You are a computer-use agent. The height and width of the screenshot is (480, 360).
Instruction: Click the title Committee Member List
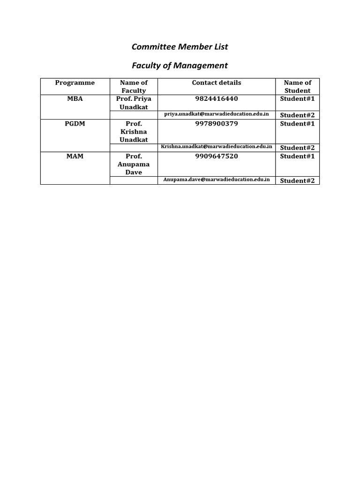[x=180, y=47]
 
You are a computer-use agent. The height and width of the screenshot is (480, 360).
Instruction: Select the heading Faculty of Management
[x=180, y=66]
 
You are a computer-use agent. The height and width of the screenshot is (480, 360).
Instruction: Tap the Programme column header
[x=75, y=83]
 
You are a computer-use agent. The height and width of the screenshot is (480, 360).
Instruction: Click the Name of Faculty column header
[x=134, y=87]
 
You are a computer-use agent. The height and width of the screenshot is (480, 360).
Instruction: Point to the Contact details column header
[x=217, y=83]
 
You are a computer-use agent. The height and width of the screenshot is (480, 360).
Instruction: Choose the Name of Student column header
[x=297, y=87]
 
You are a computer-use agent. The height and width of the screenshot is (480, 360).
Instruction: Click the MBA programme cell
[x=75, y=99]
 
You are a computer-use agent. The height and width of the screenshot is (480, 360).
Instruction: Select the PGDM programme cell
[x=75, y=124]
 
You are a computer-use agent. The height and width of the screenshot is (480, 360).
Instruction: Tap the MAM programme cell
[x=75, y=156]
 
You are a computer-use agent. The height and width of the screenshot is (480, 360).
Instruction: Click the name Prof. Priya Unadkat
[x=134, y=103]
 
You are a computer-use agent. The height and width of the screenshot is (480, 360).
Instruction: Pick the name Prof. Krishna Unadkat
[x=134, y=132]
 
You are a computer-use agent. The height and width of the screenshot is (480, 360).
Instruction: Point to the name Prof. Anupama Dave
[x=134, y=164]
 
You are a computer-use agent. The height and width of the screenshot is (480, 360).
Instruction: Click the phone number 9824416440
[x=217, y=99]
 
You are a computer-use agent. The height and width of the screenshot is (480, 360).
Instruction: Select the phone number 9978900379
[x=217, y=124]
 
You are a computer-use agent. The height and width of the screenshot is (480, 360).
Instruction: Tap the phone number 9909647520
[x=217, y=156]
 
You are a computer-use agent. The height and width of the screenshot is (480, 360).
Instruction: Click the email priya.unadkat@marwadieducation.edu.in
[x=217, y=114]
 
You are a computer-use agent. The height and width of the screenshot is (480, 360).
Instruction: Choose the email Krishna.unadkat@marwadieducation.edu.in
[x=217, y=147]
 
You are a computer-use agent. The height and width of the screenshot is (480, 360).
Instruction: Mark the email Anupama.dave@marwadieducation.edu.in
[x=217, y=180]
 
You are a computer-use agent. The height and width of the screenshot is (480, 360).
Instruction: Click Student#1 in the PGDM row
[x=297, y=124]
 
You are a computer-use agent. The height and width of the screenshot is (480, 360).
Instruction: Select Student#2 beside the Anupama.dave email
[x=297, y=180]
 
